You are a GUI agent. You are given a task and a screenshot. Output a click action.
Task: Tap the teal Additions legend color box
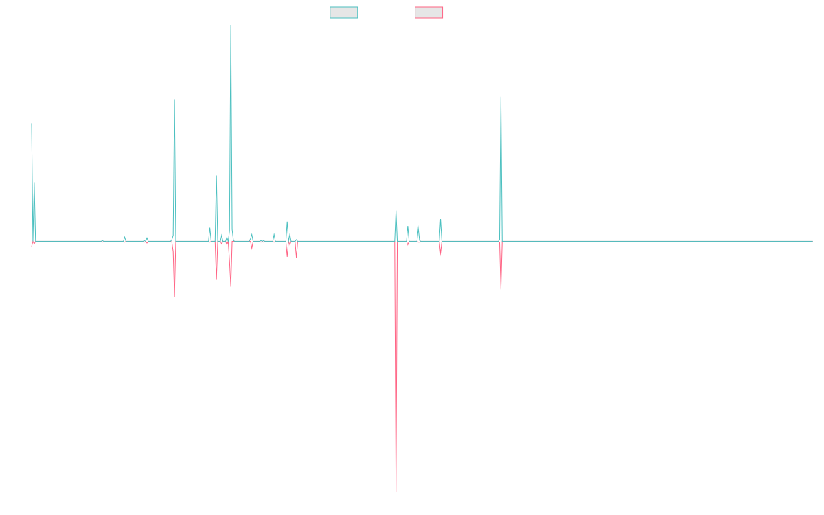[344, 12]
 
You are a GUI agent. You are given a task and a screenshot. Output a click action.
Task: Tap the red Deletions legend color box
[429, 12]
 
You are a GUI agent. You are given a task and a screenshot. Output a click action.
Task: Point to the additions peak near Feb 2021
[501, 97]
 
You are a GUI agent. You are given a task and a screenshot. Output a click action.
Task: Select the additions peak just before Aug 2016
[174, 100]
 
